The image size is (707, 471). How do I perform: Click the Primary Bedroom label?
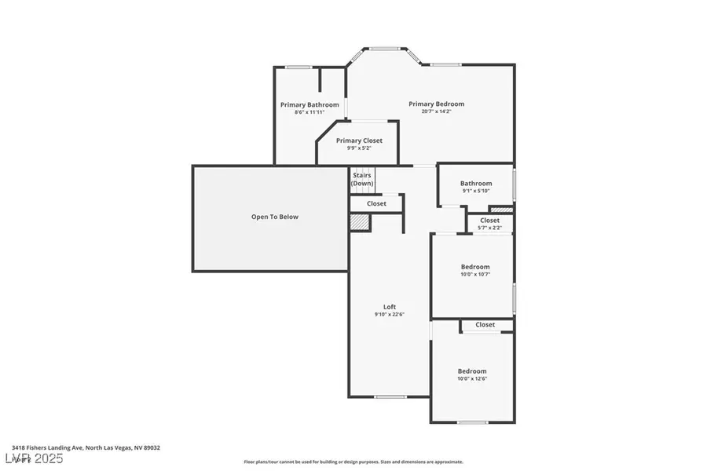[x=436, y=104]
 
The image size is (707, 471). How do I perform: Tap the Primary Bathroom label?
[x=310, y=104]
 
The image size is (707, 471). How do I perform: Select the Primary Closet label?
[x=359, y=141]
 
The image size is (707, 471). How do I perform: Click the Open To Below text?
[x=274, y=217]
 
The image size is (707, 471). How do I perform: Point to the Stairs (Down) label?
[x=362, y=179]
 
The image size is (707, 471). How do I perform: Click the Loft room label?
[x=390, y=307]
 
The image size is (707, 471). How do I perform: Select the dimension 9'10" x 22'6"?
[x=390, y=315]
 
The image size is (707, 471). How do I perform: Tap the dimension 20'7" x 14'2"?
[x=436, y=111]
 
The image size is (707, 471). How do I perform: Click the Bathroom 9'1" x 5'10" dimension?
[x=476, y=191]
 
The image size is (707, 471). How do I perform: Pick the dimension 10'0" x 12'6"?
[x=472, y=379]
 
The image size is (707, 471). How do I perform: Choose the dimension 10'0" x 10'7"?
[x=474, y=274]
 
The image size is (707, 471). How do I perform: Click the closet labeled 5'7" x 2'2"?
[x=489, y=228]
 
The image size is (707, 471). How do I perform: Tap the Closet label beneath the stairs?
[x=376, y=203]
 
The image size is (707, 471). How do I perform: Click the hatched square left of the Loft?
[x=359, y=224]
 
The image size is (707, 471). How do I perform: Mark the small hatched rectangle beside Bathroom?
[x=500, y=210]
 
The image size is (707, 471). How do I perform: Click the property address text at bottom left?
[x=86, y=447]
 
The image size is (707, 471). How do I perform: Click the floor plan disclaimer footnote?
[x=353, y=462]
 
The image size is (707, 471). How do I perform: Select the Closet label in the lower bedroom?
[x=485, y=324]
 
